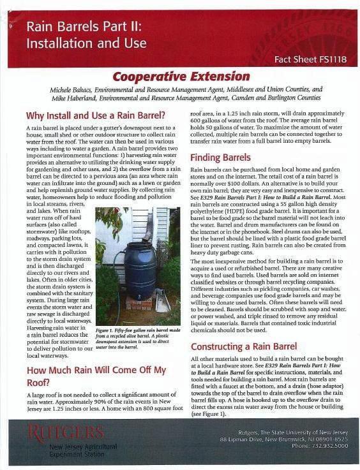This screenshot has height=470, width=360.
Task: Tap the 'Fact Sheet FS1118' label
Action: (x=310, y=59)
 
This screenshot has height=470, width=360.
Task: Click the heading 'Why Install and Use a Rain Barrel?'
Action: (x=95, y=116)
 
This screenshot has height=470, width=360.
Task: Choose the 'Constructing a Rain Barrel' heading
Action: (x=244, y=346)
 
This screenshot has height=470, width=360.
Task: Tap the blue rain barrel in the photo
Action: (x=139, y=270)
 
